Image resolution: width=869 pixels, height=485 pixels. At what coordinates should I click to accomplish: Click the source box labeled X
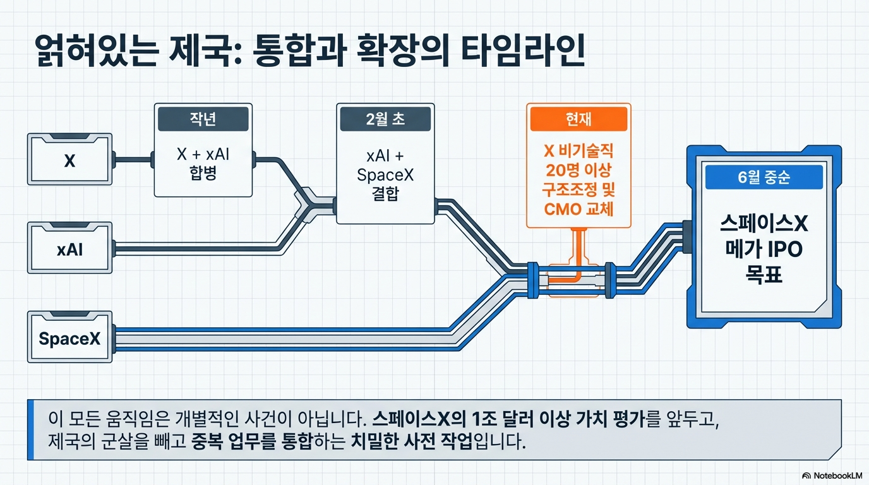69,160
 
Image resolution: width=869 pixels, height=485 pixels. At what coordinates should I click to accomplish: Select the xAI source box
69,249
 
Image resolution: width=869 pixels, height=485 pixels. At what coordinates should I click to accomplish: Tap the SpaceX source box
69,338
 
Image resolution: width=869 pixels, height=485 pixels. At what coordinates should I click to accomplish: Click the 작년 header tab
203,119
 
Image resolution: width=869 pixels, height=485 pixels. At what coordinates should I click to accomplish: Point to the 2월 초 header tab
385,119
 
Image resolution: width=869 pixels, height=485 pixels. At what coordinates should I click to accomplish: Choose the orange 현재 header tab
578,119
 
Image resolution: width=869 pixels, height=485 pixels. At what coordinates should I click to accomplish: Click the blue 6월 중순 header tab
764,177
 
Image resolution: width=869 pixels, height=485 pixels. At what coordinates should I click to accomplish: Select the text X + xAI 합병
203,164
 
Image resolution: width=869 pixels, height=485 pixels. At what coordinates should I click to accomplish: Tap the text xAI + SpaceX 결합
385,175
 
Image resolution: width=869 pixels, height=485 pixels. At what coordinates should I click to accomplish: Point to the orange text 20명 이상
579,171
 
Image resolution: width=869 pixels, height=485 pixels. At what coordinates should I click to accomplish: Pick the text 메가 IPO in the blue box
764,249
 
